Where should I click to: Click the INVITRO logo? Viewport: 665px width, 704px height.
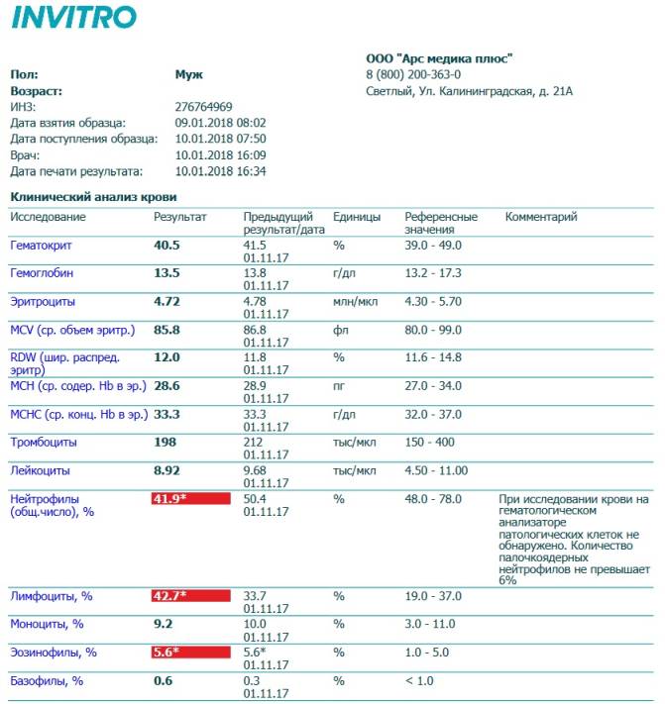coord(74,18)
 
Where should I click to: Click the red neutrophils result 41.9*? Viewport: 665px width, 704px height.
coord(190,498)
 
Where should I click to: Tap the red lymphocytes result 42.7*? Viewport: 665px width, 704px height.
coord(190,596)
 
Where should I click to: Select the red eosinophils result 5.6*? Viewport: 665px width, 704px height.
coord(190,653)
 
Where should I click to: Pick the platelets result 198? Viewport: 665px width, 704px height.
coord(165,442)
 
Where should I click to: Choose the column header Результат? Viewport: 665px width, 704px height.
coord(180,217)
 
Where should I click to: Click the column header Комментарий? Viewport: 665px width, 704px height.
coord(541,217)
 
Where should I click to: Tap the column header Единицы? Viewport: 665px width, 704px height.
coord(357,217)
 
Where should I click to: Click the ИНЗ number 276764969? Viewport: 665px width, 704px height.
coord(204,107)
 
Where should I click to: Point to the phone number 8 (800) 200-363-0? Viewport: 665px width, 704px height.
coord(413,74)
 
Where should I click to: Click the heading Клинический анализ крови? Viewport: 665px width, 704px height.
coord(79,197)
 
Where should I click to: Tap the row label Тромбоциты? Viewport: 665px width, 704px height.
coord(44,442)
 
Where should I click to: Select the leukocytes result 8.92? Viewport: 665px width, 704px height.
coord(166,470)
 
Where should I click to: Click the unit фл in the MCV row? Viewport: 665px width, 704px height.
coord(339,329)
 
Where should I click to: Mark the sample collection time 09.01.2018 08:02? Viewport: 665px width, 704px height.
coord(220,123)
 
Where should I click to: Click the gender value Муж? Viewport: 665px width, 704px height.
coord(188,74)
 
